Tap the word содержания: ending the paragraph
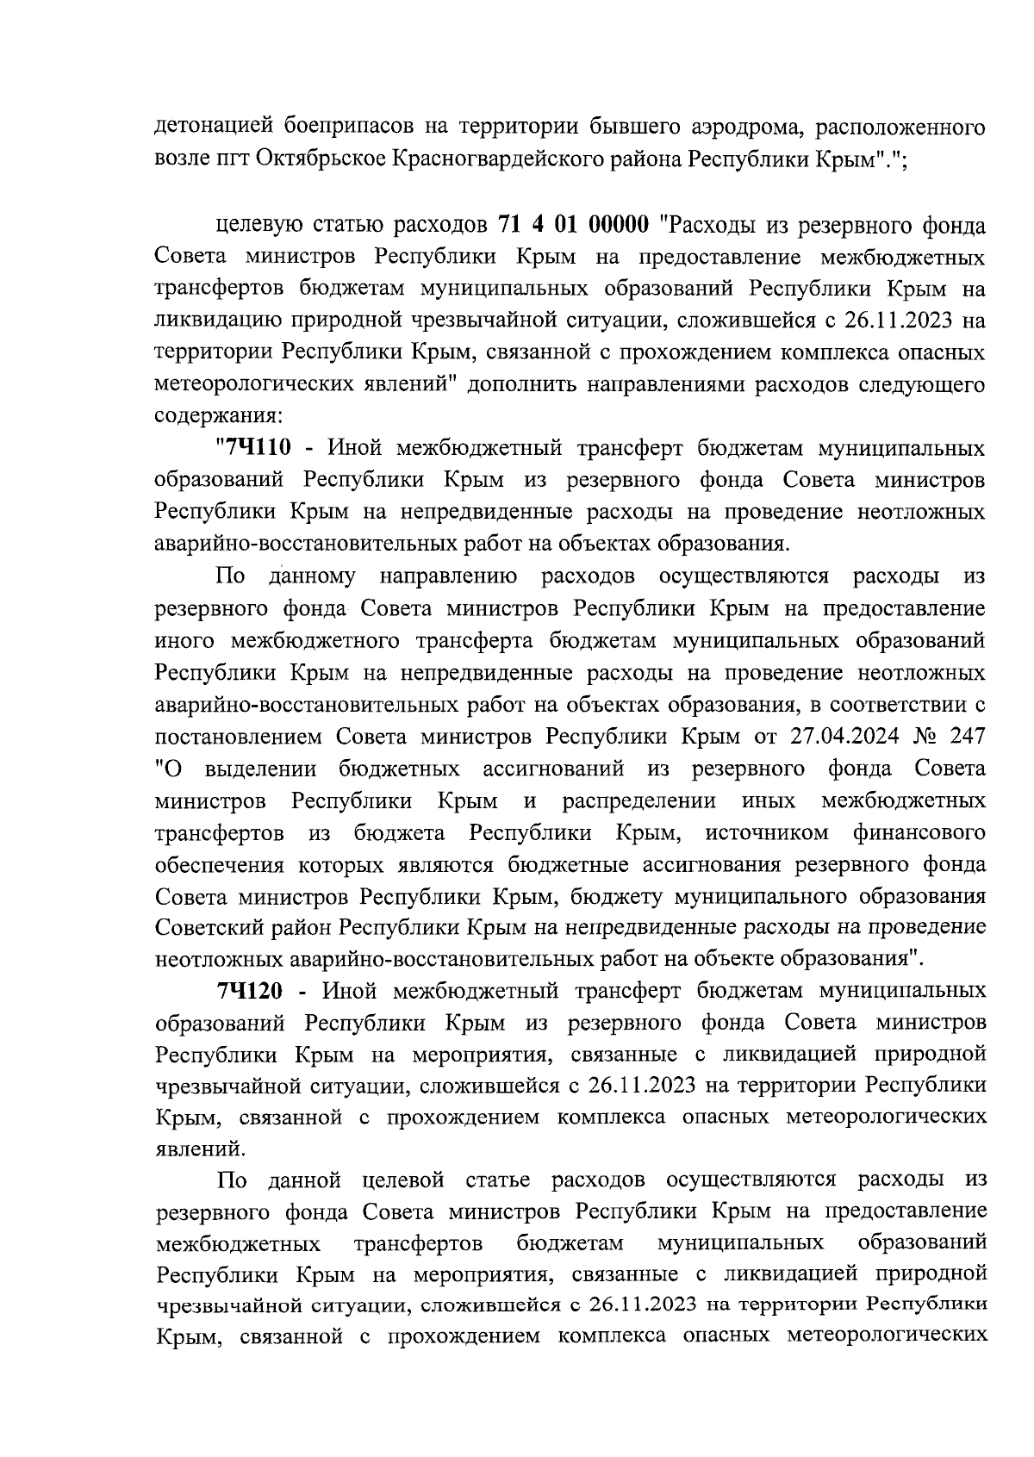click(216, 416)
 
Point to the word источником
click(766, 832)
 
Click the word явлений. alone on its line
click(198, 1149)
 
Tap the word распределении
click(638, 800)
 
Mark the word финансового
click(919, 832)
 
